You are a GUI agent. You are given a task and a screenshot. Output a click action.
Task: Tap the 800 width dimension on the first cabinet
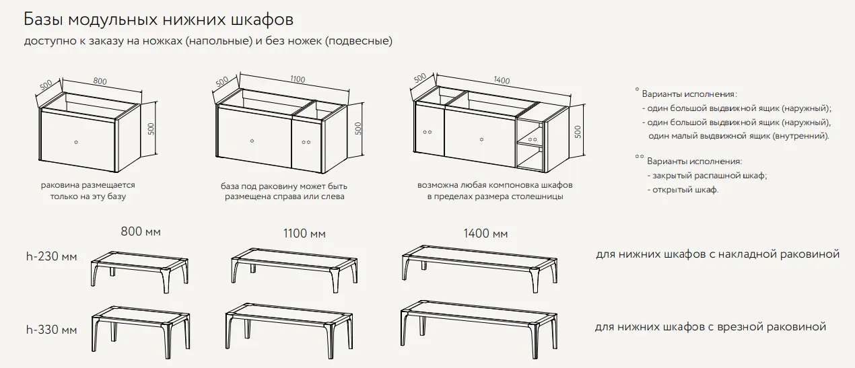[100, 81]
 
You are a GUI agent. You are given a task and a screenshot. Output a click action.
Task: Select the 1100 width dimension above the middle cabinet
[298, 79]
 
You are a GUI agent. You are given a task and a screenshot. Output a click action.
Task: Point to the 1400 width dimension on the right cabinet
[502, 80]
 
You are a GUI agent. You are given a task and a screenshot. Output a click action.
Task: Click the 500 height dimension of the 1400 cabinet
[578, 132]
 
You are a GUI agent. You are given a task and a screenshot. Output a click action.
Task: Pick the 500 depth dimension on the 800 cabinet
[46, 85]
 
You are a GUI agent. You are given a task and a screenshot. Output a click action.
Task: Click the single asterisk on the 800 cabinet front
[76, 142]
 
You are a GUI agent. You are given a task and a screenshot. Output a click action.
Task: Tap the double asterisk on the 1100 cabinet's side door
[306, 142]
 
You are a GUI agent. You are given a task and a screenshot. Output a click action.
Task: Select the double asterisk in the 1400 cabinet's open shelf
[533, 140]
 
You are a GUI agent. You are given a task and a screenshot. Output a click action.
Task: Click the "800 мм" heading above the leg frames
[141, 231]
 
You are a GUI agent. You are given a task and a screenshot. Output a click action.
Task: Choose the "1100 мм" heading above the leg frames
[304, 233]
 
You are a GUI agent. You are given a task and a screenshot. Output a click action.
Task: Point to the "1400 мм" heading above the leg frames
[485, 233]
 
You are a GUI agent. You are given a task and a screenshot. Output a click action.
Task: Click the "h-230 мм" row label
[52, 256]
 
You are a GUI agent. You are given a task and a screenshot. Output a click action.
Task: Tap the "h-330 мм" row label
[52, 330]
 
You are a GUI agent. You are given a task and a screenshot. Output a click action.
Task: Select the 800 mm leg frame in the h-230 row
[140, 272]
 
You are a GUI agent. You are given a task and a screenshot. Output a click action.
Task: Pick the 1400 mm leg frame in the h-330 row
[479, 330]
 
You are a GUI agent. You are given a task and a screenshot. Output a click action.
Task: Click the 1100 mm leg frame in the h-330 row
[289, 331]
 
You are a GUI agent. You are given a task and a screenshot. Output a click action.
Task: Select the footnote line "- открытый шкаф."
[683, 190]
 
